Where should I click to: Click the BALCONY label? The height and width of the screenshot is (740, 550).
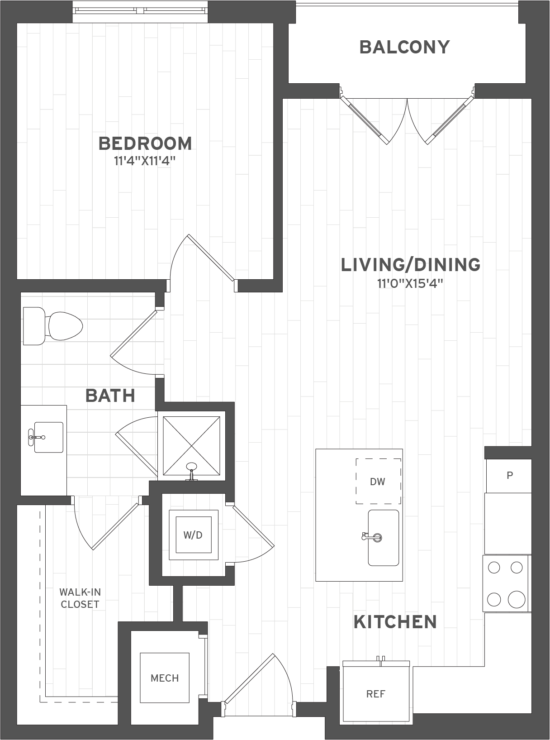coord(404,47)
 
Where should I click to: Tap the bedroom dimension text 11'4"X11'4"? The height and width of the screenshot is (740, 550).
coord(145,161)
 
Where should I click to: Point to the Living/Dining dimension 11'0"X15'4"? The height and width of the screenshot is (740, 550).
coord(410,284)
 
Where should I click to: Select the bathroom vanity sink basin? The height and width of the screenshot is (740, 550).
coord(48,437)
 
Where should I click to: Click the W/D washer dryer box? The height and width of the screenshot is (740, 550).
coord(193,535)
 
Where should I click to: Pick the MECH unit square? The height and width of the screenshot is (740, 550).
coord(165,678)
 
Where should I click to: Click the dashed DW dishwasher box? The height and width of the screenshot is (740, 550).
coord(378,481)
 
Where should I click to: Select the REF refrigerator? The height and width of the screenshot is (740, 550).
coord(376,693)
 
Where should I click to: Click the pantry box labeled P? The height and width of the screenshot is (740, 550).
coord(509,476)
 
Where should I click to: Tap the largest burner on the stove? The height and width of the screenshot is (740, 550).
coord(516,599)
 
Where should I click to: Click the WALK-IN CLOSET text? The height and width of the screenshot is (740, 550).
coord(80,598)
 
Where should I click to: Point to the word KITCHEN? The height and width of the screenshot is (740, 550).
coord(395,622)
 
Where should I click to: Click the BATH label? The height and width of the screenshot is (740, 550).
coord(110,396)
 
